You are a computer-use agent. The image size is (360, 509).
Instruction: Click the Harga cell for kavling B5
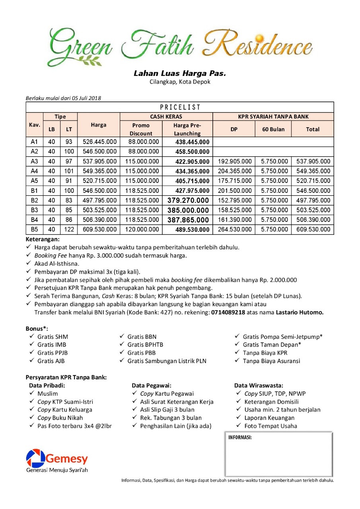click(x=99, y=229)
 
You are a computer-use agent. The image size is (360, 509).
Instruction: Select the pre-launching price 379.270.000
click(x=188, y=200)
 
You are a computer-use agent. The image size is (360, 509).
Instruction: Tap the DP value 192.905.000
click(x=235, y=161)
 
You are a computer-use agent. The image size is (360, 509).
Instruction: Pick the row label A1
click(x=35, y=142)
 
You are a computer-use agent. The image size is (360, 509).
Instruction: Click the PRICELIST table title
click(x=180, y=107)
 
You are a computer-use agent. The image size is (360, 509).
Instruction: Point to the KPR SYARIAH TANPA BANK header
click(x=273, y=117)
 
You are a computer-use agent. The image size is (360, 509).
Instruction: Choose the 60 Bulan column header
click(x=273, y=129)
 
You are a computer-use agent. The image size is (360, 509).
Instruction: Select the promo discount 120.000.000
click(x=141, y=229)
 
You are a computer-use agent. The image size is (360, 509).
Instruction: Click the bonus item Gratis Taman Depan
click(x=272, y=344)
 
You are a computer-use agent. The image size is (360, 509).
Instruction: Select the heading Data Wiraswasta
click(x=259, y=385)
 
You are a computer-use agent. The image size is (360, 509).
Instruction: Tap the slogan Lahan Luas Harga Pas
click(x=180, y=74)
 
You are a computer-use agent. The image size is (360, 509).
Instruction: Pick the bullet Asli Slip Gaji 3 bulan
click(x=167, y=410)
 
